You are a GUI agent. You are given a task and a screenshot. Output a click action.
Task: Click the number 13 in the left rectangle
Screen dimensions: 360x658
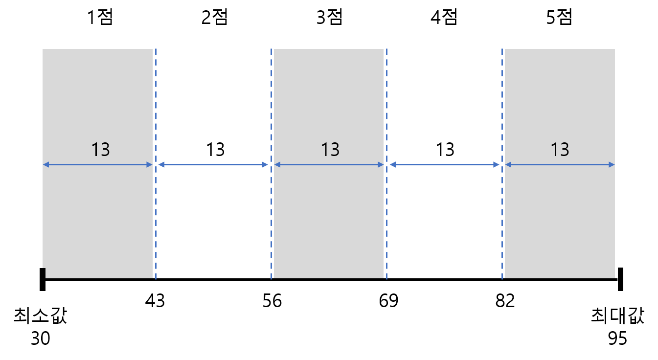100,150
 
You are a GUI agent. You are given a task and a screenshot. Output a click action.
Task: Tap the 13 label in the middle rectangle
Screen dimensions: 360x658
330,150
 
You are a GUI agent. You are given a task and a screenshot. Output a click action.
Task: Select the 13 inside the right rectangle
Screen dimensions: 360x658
560,150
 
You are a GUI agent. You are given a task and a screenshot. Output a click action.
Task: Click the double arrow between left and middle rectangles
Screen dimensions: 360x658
213,165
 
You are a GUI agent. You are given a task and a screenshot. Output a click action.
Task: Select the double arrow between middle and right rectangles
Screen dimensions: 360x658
444,165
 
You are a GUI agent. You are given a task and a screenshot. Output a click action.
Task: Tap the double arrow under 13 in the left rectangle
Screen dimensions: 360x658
98,165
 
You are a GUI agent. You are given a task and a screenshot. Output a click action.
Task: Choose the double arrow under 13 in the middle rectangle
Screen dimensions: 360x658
329,165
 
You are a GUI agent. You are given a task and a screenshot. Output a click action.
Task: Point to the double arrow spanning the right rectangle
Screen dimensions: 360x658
560,165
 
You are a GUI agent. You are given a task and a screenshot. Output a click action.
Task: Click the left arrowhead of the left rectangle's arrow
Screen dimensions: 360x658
45,165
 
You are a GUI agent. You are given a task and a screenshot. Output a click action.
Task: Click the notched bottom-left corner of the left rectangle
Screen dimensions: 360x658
45,273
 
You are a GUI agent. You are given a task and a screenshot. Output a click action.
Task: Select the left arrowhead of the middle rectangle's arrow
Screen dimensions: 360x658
277,165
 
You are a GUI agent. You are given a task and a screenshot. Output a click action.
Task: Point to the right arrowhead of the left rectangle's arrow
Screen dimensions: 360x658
150,165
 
